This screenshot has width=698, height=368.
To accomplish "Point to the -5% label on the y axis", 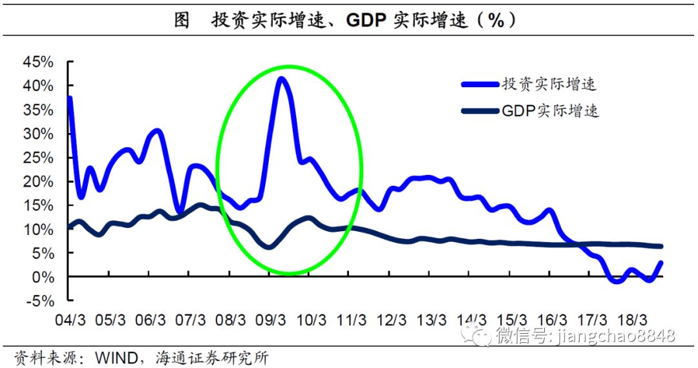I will tap(40, 300).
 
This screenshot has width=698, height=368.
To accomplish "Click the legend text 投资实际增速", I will tap(549, 85).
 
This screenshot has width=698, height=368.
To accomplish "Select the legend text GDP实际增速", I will tap(550, 111).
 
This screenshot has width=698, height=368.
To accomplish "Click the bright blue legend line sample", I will tap(479, 85).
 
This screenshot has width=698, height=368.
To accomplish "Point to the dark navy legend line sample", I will tap(479, 111).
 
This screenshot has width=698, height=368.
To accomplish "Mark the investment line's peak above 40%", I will tap(281, 79).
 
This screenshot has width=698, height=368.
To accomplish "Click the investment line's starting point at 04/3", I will tap(69, 99).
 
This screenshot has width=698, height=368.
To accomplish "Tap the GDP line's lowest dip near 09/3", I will tap(270, 246).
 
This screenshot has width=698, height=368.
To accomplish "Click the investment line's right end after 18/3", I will tap(661, 263).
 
